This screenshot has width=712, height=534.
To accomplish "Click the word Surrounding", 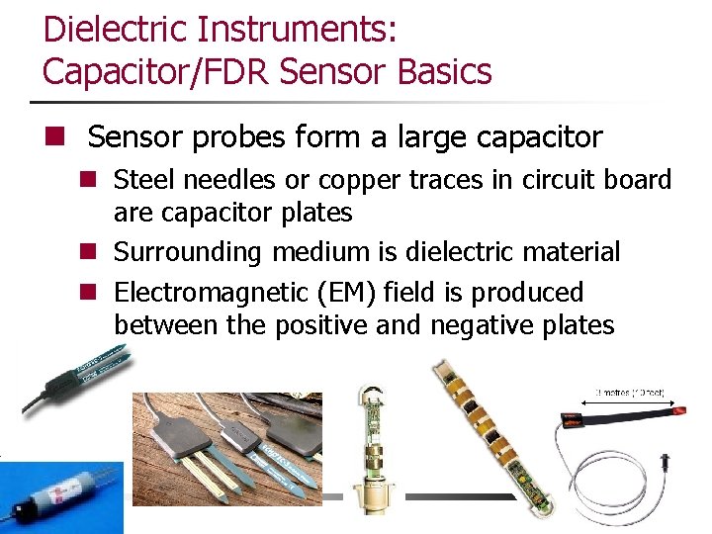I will (x=188, y=252).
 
